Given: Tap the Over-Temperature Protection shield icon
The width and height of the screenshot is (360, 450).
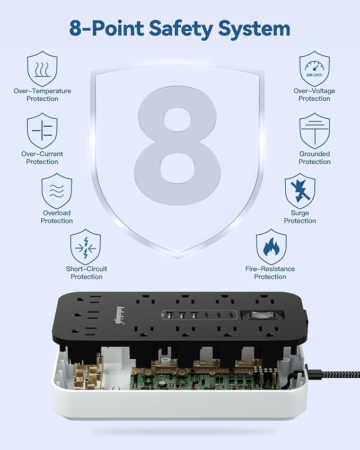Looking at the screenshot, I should tap(42, 69).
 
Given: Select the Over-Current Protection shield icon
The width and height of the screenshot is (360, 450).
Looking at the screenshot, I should tap(42, 131).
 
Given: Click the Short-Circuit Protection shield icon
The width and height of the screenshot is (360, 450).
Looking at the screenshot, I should tap(86, 247).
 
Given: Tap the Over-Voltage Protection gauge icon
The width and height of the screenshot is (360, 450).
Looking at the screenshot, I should tap(314, 69).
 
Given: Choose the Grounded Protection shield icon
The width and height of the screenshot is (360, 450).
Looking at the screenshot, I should tap(314, 131).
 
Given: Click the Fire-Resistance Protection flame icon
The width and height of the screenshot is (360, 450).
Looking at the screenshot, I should tap(271, 247).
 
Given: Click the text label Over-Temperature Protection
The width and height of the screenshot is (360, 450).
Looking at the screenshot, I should tap(42, 95).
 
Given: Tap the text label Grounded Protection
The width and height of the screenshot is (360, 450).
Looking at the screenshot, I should tap(314, 158).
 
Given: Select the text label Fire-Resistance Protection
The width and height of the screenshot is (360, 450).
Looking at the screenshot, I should tap(270, 273).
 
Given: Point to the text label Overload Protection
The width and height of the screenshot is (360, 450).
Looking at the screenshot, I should tap(57, 217).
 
